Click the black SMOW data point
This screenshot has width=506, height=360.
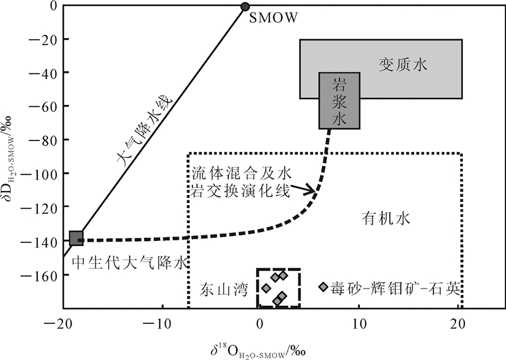245,7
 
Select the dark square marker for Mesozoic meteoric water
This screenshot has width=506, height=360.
76,238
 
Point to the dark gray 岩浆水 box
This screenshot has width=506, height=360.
339,101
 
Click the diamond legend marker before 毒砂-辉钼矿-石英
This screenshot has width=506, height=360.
323,287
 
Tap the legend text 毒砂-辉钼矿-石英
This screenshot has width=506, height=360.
397,289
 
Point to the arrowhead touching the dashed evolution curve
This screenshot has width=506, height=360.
313,189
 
